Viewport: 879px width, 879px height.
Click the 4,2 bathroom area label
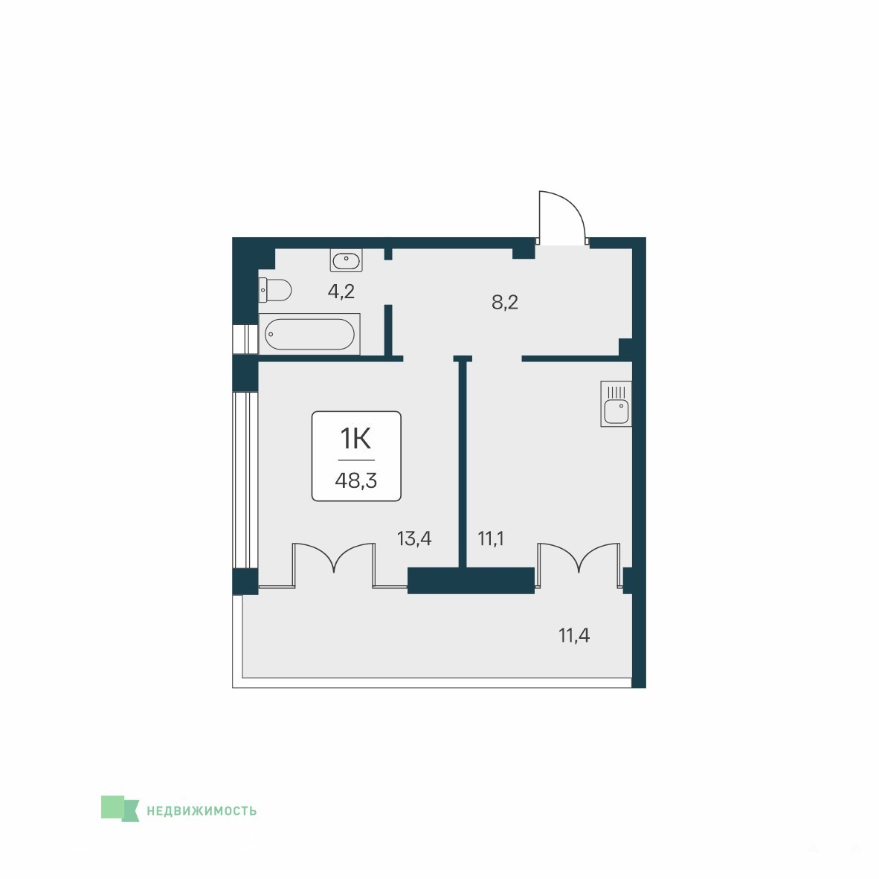click(x=341, y=292)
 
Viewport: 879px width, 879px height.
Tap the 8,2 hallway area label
click(x=504, y=303)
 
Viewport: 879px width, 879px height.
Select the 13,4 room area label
click(x=414, y=538)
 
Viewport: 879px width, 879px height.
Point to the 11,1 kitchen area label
click(x=491, y=538)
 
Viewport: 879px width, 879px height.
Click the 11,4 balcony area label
click(x=574, y=636)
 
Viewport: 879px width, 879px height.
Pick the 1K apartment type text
click(x=356, y=438)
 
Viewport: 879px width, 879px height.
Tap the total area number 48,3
click(x=356, y=480)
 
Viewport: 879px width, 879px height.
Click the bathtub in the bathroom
click(x=309, y=334)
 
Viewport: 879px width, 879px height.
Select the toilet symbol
click(x=275, y=290)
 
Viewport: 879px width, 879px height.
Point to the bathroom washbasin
click(x=347, y=260)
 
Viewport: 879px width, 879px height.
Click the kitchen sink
click(x=616, y=404)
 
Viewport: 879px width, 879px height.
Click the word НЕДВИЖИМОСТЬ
click(x=202, y=811)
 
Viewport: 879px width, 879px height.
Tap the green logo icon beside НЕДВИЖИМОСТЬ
click(x=120, y=808)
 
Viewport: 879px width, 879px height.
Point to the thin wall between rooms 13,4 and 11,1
click(x=463, y=462)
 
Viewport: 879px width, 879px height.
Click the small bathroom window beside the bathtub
click(x=245, y=338)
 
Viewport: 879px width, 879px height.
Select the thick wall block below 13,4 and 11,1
click(x=471, y=581)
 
